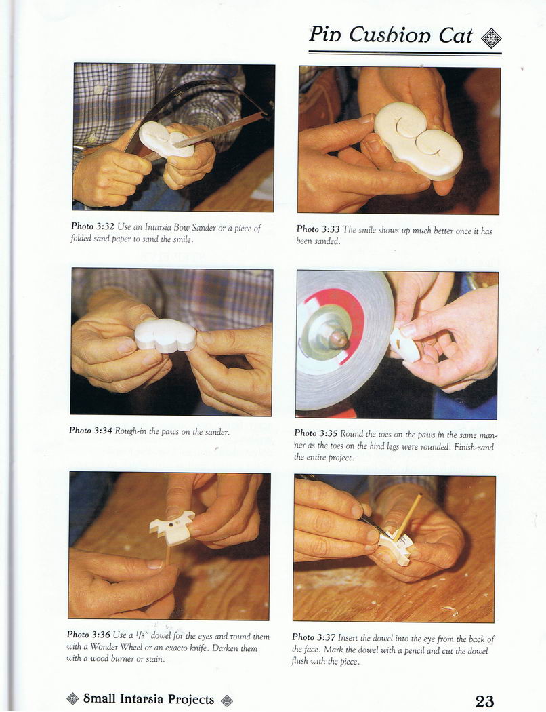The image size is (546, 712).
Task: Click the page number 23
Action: click(x=484, y=700)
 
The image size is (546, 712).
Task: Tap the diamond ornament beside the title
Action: click(x=491, y=38)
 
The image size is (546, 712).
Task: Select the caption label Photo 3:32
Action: click(x=92, y=226)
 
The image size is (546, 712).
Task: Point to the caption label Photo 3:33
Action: click(x=318, y=229)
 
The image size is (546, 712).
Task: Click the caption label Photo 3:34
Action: click(x=90, y=430)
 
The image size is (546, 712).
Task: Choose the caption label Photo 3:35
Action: click(x=316, y=433)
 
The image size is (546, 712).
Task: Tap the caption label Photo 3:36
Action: click(x=89, y=634)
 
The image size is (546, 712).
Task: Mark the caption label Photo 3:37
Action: click(x=314, y=637)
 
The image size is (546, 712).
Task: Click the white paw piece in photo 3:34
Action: click(x=165, y=335)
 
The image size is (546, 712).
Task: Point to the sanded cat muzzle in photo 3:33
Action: click(x=418, y=140)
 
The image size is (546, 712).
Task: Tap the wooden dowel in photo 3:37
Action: click(x=408, y=517)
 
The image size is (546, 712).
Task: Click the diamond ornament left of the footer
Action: click(x=72, y=698)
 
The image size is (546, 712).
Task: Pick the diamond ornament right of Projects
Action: click(x=226, y=700)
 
